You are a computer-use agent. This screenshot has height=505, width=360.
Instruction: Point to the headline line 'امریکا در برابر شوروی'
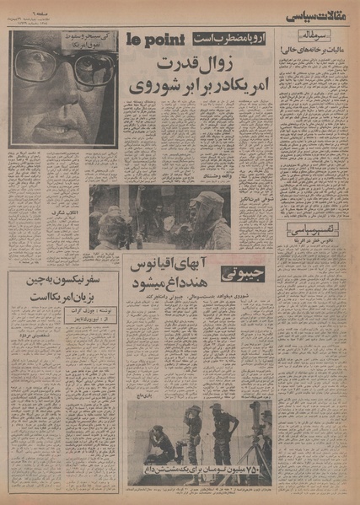pyautogui.click(x=200, y=86)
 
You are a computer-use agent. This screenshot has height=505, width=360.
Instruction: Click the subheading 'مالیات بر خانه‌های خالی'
pyautogui.click(x=319, y=52)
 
